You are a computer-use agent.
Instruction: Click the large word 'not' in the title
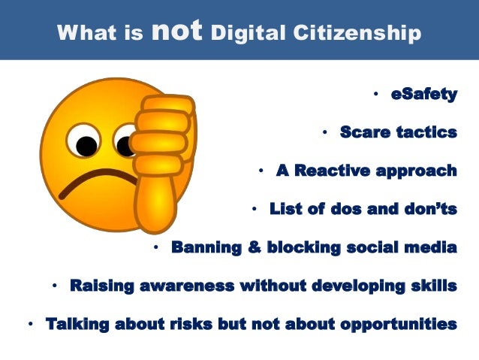tap(176, 30)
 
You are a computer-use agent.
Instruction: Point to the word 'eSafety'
tap(423, 94)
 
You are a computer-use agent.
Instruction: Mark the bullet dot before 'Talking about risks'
tap(30, 325)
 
